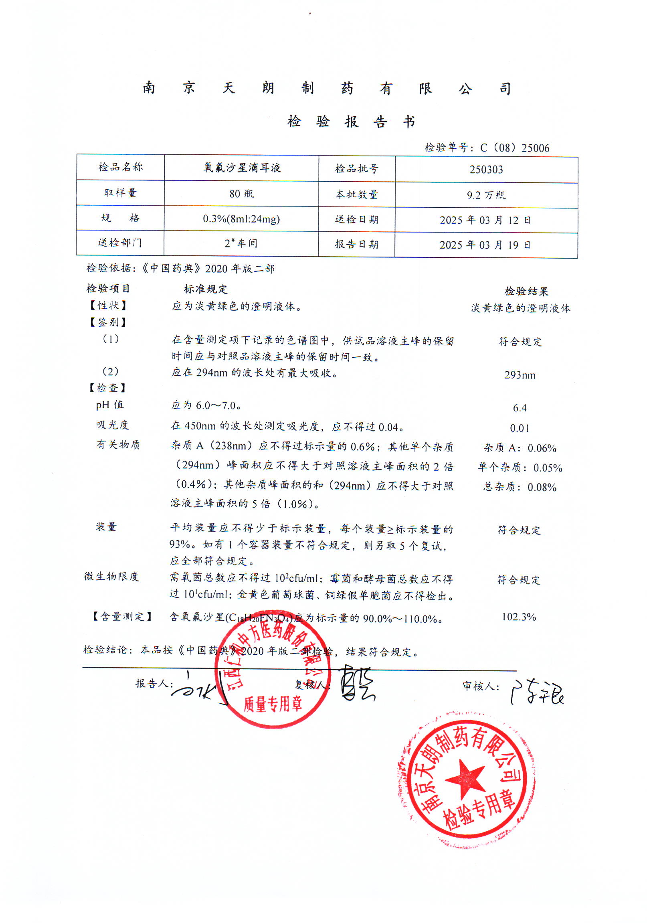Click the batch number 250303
pos(486,170)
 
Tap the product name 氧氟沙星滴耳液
pos(241,168)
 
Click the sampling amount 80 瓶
pos(241,194)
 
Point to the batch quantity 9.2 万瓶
pos(486,195)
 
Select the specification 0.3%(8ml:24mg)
pos(241,219)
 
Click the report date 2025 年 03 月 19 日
pos(485,245)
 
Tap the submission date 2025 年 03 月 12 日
pos(485,220)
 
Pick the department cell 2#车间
pos(241,243)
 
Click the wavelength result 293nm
pos(520,375)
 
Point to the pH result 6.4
pos(519,408)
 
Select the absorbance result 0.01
pos(519,428)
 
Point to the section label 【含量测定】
pos(121,616)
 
